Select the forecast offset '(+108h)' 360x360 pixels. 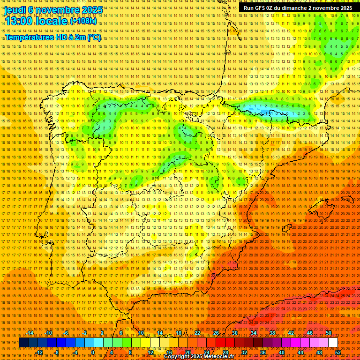83,21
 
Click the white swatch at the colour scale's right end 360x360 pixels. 333,343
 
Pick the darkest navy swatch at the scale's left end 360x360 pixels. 23,343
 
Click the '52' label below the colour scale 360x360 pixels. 338,352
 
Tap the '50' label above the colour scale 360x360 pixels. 328,333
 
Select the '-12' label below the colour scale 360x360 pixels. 39,352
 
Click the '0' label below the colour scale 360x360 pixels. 93,352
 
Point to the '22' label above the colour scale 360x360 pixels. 197,333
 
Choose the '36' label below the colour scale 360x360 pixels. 263,352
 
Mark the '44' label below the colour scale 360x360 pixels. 300,352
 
